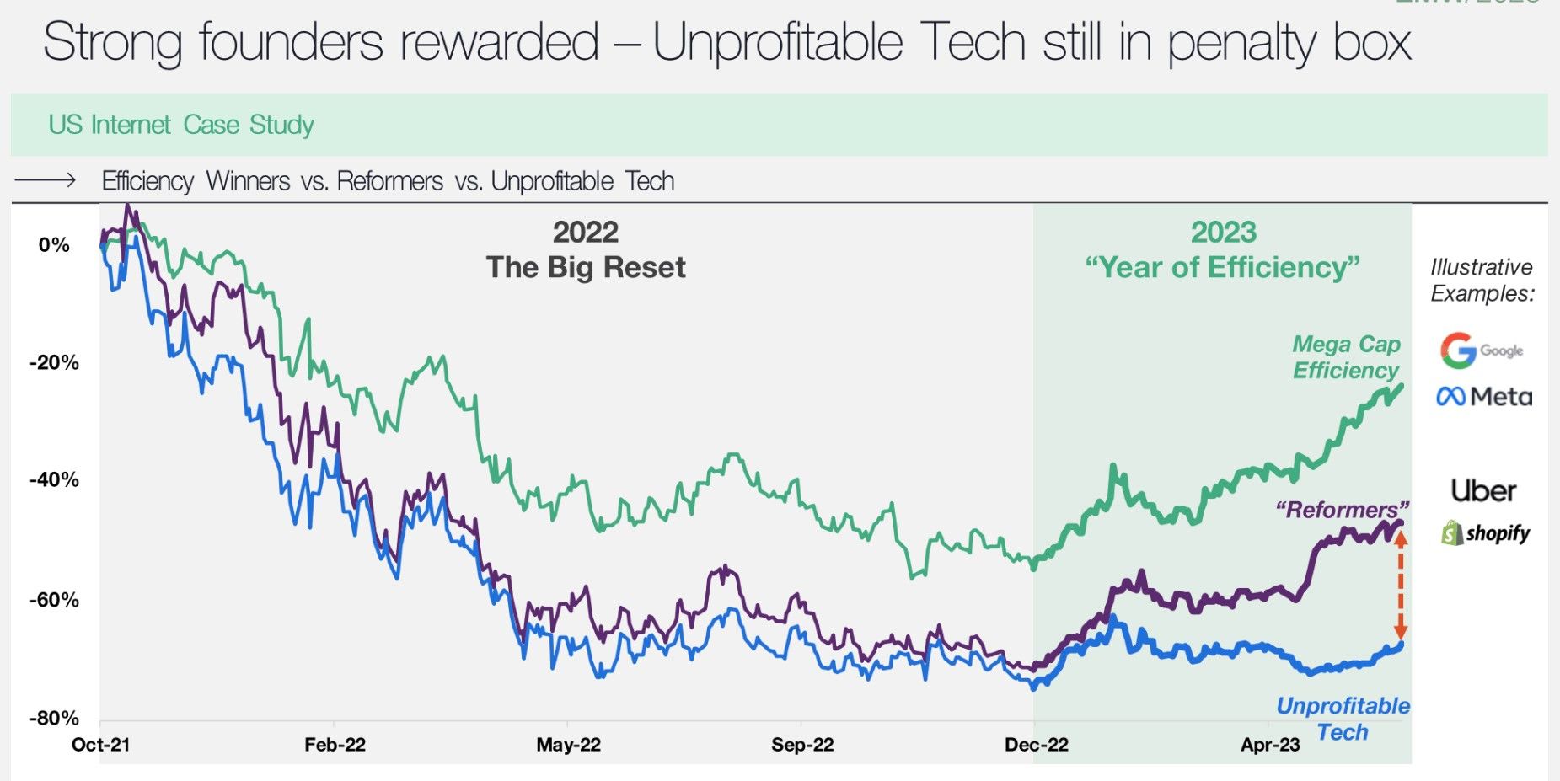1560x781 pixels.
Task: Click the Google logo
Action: [x=1481, y=350]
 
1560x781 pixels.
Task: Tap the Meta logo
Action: [x=1484, y=396]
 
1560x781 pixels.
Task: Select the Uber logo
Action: [x=1483, y=490]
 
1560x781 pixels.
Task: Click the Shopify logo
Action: [x=1485, y=532]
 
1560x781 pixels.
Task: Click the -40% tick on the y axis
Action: [x=55, y=479]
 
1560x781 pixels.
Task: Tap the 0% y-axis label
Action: [x=54, y=245]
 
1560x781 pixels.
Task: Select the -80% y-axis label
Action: [x=55, y=718]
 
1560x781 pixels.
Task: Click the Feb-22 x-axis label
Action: [x=335, y=745]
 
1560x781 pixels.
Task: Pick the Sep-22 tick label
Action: [x=801, y=745]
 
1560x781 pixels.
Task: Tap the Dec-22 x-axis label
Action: [x=1036, y=745]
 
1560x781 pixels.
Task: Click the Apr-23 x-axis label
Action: [x=1270, y=745]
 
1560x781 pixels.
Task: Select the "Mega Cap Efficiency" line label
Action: [x=1346, y=357]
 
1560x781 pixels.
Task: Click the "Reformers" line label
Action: [x=1342, y=510]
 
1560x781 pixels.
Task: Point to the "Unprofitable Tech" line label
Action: [x=1343, y=718]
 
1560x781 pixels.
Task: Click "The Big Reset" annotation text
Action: [x=586, y=267]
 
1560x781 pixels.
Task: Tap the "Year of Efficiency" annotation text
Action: [x=1222, y=267]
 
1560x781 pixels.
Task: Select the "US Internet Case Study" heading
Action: [x=181, y=125]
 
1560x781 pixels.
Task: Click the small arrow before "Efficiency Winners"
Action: [x=46, y=180]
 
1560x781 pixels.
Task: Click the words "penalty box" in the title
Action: [x=1289, y=42]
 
